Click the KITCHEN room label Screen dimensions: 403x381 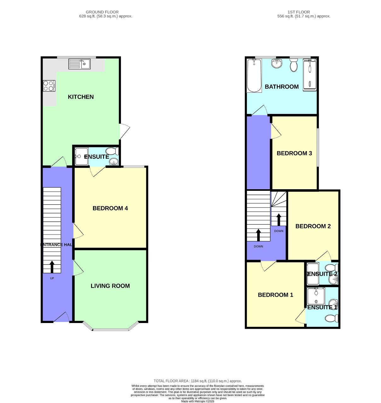[x=81, y=97]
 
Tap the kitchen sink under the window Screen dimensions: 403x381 [x=79, y=64]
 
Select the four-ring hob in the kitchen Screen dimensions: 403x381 [x=49, y=86]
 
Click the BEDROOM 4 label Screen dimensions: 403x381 [x=110, y=208]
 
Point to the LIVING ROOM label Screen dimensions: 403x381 [x=110, y=286]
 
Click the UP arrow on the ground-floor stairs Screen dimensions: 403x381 [x=52, y=267]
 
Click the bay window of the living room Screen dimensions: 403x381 [x=111, y=329]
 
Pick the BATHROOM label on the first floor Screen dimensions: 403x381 [x=281, y=87]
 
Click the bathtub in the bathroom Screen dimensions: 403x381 [x=254, y=76]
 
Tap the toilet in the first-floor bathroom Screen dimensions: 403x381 [x=294, y=66]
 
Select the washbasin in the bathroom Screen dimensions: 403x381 [x=277, y=63]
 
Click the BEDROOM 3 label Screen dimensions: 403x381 [x=294, y=153]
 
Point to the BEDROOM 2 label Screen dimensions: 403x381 [x=313, y=226]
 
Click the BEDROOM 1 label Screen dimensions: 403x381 [x=275, y=295]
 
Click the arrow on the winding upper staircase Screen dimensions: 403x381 [x=279, y=219]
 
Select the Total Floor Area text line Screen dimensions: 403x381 [x=198, y=381]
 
